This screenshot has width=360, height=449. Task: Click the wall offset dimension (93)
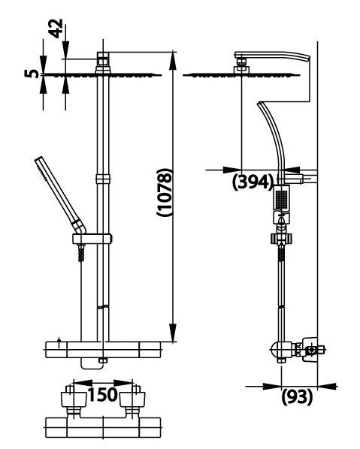point(296,398)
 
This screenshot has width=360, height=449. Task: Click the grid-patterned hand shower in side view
point(281,200)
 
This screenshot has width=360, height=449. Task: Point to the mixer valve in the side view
point(289,348)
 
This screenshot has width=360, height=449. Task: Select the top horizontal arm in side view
point(272,57)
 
